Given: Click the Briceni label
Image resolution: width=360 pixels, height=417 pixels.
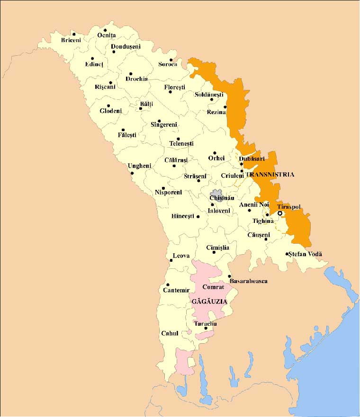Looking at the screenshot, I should [71, 40].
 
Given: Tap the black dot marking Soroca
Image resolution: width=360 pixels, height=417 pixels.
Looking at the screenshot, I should [171, 60].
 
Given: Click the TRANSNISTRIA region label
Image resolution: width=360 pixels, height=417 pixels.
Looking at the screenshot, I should [270, 174].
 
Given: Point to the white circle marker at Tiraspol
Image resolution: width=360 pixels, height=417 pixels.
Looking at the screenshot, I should [280, 213].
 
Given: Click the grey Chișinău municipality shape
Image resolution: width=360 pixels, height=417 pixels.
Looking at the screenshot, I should [216, 196].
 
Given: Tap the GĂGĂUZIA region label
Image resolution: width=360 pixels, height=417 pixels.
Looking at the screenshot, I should [209, 301].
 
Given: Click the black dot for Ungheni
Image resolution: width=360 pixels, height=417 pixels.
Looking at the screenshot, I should [132, 173].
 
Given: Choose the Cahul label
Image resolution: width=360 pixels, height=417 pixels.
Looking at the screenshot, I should [169, 333].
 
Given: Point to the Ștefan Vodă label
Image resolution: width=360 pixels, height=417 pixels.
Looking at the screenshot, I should [306, 254].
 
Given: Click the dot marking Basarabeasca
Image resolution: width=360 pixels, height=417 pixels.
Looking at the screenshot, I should [230, 276].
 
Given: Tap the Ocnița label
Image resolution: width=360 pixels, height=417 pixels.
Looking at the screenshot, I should [107, 35].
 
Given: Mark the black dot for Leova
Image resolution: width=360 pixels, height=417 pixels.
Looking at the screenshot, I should [171, 261].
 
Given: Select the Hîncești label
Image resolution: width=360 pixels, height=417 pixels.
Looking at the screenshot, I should [183, 216].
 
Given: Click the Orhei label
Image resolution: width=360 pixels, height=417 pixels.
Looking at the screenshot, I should [216, 158].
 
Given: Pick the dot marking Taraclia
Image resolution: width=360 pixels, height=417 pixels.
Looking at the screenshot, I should [205, 328].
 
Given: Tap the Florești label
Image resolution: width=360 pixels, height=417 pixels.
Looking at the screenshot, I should [174, 88].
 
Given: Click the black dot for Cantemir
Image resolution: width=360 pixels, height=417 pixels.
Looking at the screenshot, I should [168, 285].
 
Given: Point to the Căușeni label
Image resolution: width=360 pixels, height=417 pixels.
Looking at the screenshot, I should [259, 235].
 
